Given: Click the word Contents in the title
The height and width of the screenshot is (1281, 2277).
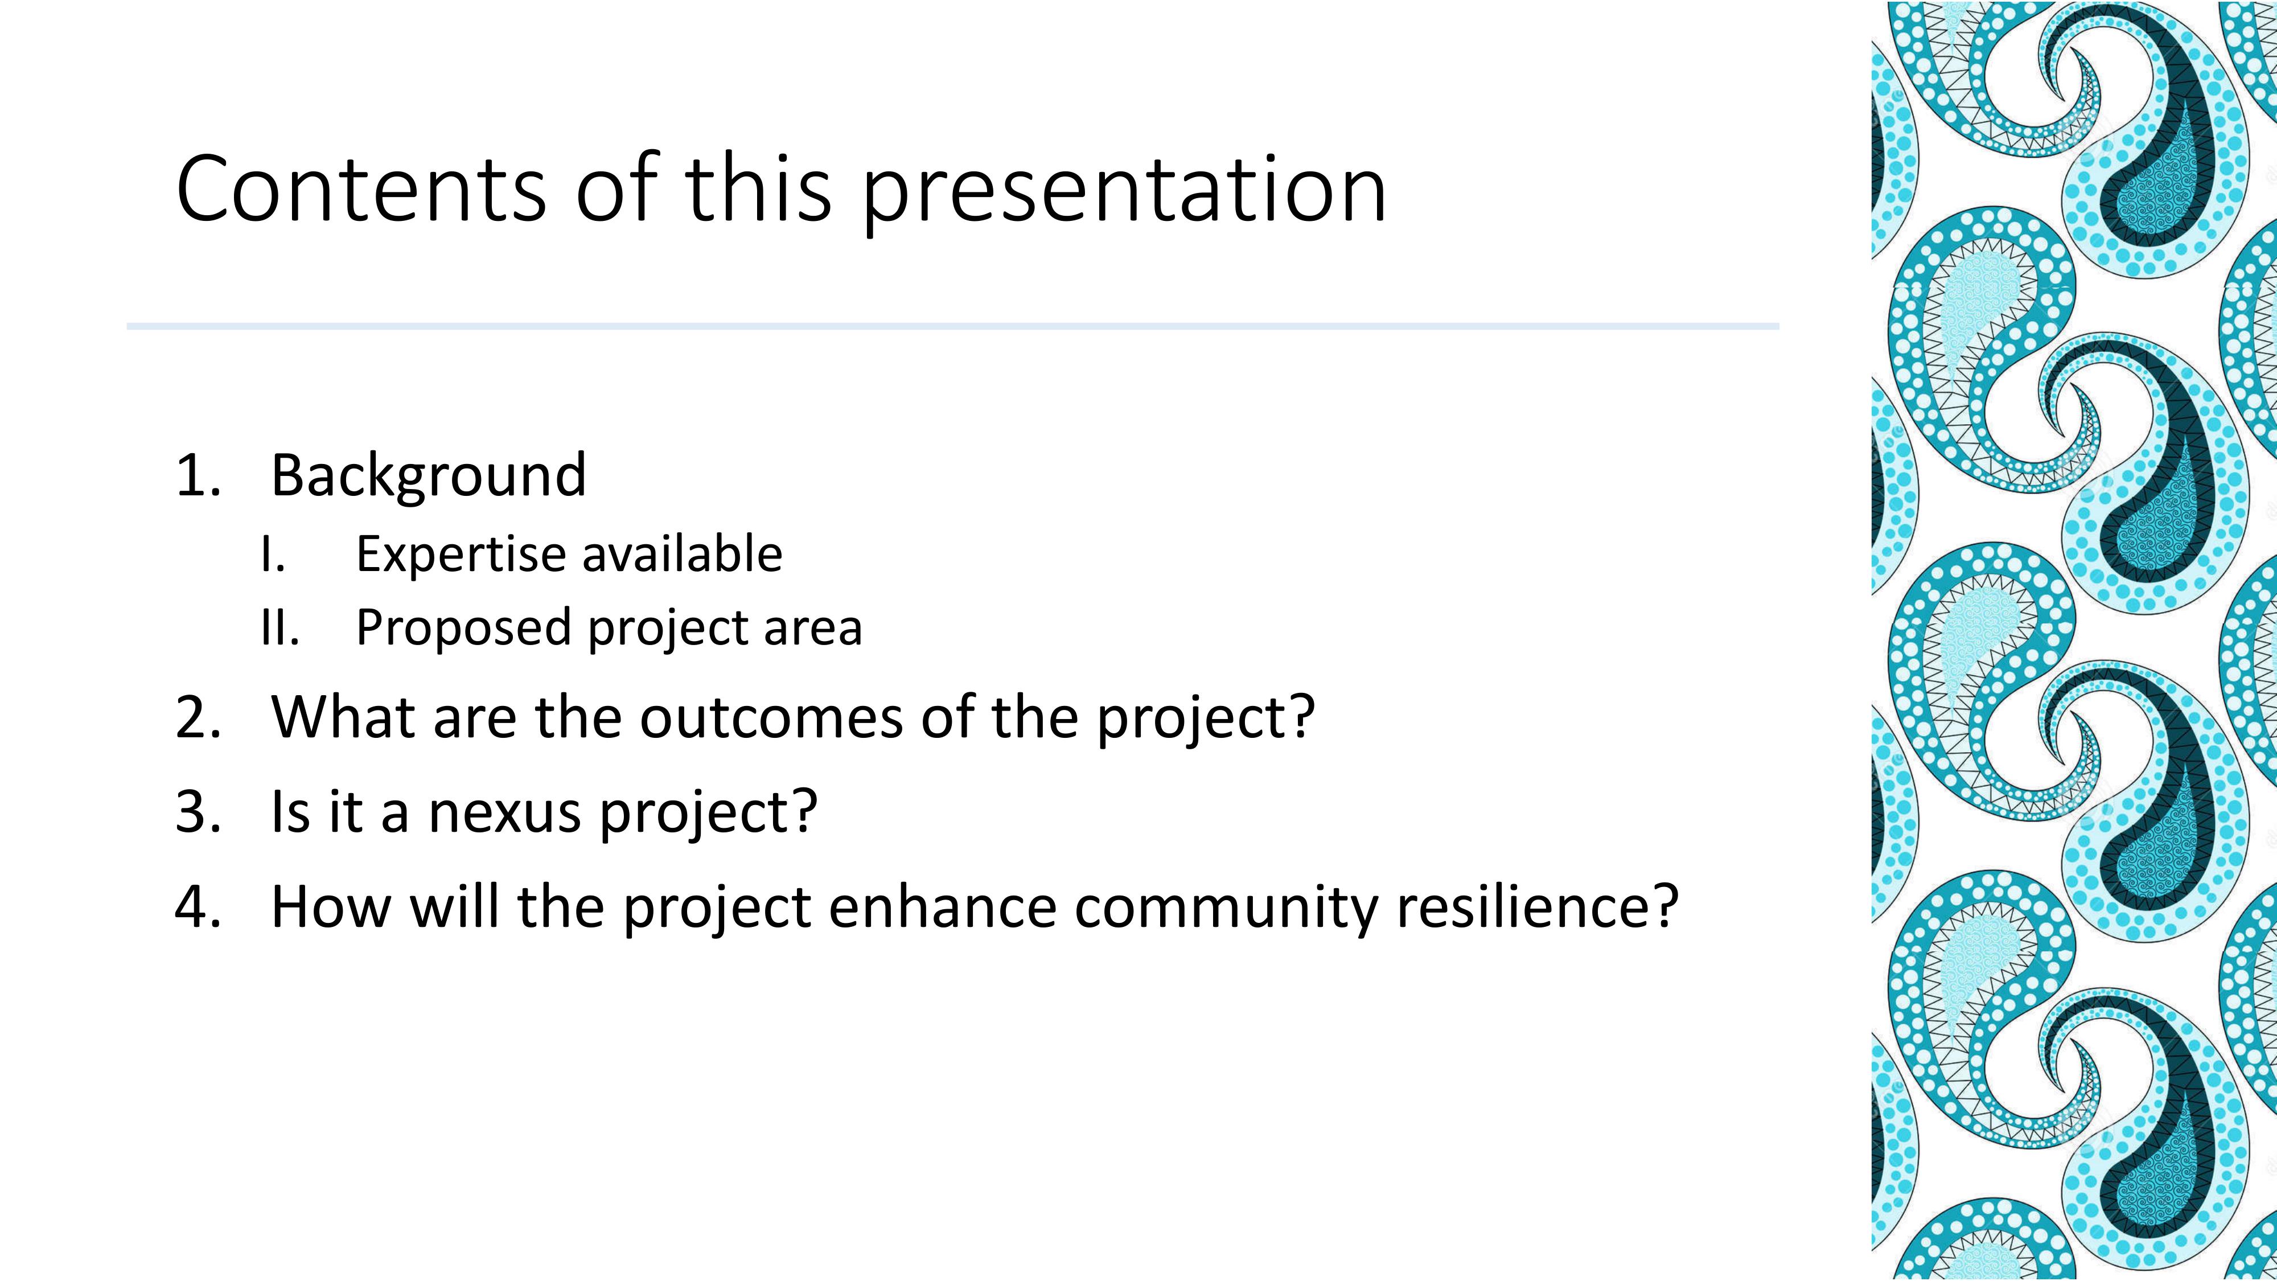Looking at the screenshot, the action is click(361, 188).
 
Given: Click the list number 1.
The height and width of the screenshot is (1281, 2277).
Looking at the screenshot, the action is click(199, 477).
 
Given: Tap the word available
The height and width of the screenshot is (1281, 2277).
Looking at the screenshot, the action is click(683, 555).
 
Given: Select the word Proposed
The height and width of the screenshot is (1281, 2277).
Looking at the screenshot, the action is click(463, 630).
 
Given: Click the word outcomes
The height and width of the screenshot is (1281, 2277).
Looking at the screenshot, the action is click(772, 718).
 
